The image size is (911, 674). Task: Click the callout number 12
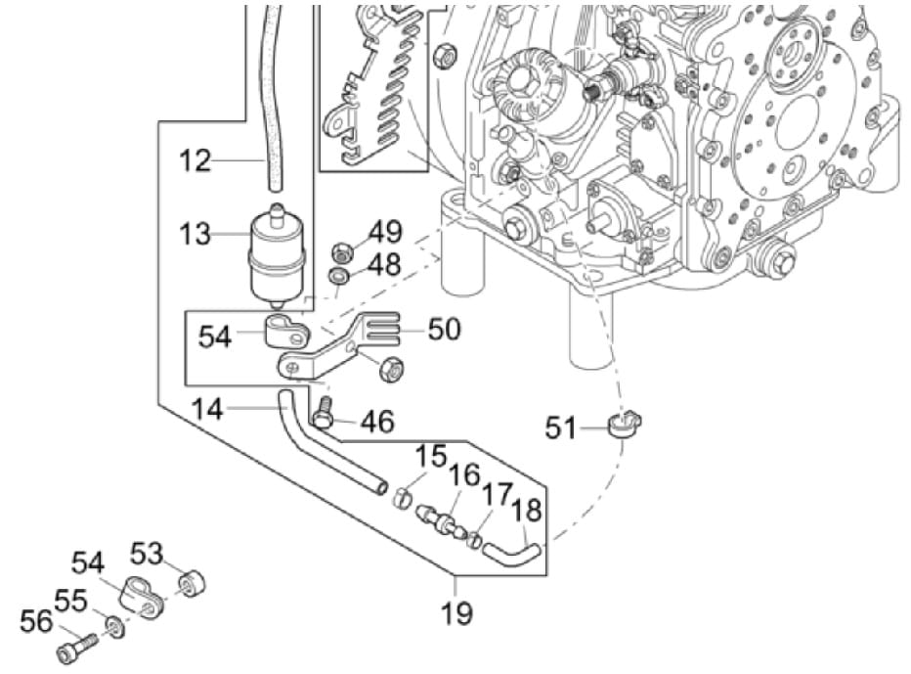(x=195, y=159)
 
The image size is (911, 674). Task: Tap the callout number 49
(x=385, y=233)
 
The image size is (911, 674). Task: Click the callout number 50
(x=444, y=329)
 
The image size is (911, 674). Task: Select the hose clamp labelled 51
(x=623, y=426)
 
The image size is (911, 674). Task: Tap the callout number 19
(x=456, y=613)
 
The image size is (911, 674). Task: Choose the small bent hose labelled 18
(x=514, y=556)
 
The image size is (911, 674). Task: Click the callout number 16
(x=465, y=476)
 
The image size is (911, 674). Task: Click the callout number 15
(x=430, y=456)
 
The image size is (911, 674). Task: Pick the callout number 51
(x=561, y=428)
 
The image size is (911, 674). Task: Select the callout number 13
(x=195, y=235)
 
